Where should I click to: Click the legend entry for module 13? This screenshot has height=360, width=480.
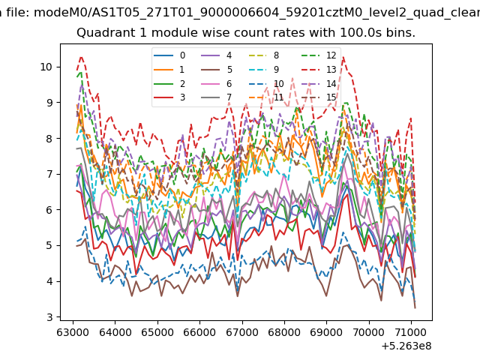click(319, 70)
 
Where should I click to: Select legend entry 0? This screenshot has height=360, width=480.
click(169, 55)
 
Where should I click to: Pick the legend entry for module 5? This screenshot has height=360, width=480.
click(217, 70)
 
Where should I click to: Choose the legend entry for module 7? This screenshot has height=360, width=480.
click(217, 97)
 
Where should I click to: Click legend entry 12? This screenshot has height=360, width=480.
click(319, 55)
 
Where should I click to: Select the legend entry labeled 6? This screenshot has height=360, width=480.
click(217, 83)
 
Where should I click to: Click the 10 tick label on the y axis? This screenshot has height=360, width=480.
click(46, 67)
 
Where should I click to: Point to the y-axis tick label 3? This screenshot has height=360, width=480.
click(49, 317)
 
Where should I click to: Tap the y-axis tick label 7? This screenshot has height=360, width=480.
click(49, 174)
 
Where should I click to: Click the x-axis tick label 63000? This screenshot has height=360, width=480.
click(73, 332)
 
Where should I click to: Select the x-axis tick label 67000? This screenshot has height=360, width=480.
click(242, 332)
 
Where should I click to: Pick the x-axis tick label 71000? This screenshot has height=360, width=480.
click(412, 332)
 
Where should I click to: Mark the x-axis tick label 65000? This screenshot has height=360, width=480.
click(157, 332)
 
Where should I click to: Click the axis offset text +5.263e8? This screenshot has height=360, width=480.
click(406, 346)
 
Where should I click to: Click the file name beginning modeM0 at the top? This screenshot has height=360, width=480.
click(256, 13)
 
